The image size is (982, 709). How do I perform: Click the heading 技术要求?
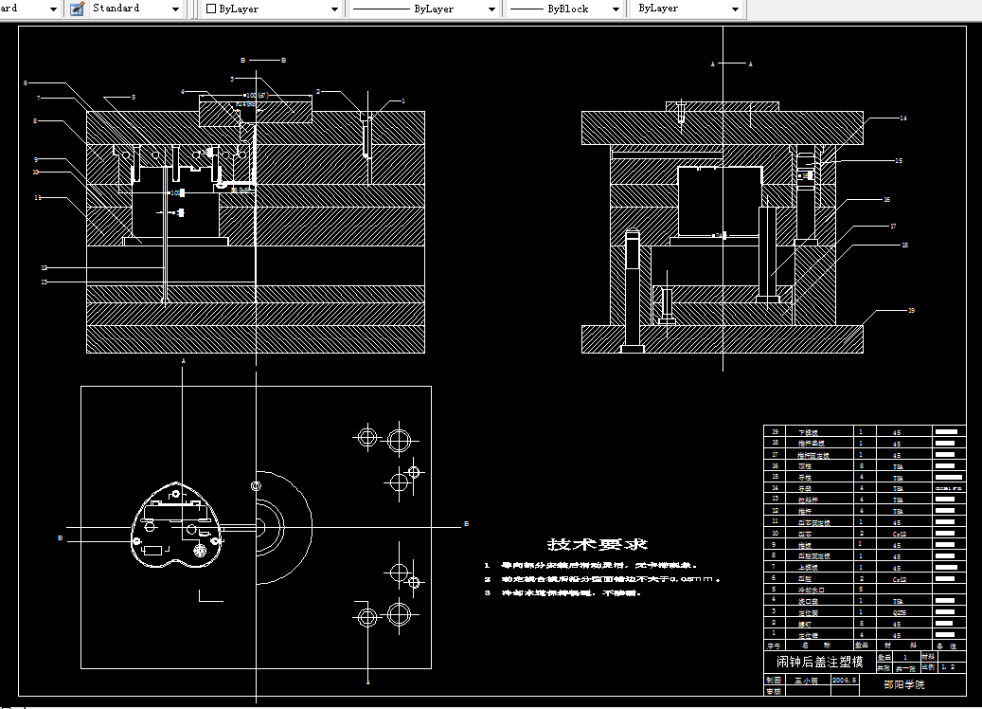[x=598, y=544]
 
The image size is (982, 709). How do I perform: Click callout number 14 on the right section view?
[x=903, y=118]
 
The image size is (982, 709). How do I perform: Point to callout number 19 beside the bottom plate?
[x=911, y=310]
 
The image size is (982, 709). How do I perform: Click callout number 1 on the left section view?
[x=402, y=100]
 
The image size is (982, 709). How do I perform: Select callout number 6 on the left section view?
[x=26, y=83]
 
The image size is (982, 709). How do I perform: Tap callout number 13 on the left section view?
[x=44, y=282]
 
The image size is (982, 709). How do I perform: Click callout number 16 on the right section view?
[x=886, y=200]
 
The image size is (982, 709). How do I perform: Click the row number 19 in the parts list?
[x=775, y=432]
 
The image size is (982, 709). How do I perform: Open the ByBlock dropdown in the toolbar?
[x=564, y=9]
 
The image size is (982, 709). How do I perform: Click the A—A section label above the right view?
[x=731, y=64]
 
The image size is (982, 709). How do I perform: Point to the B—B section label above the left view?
[x=262, y=60]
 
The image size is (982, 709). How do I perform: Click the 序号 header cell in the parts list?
[x=775, y=645]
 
